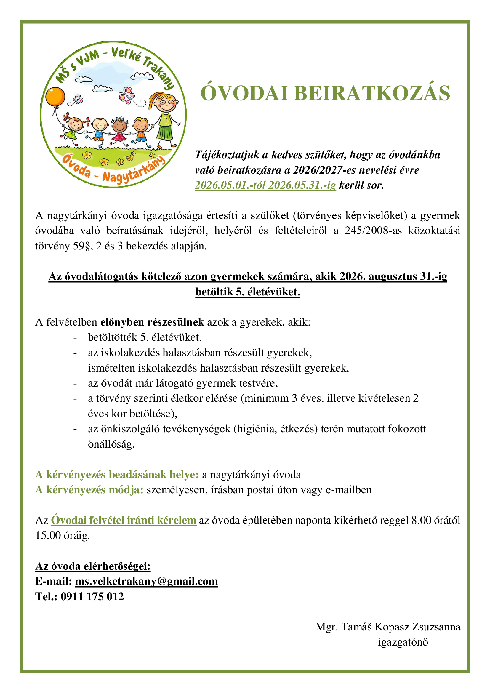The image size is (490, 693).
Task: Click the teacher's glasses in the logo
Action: [165, 102]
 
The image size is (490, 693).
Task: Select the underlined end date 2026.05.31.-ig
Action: [302, 185]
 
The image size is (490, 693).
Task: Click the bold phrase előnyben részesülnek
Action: [152, 322]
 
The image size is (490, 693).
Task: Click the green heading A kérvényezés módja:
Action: [89, 489]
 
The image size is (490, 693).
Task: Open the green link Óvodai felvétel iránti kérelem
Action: [124, 520]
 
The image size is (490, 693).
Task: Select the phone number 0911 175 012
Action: [92, 596]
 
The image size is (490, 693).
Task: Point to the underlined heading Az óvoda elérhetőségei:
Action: [93, 566]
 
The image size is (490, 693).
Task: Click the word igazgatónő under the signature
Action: [403, 642]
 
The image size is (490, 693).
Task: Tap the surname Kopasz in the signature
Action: [392, 627]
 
